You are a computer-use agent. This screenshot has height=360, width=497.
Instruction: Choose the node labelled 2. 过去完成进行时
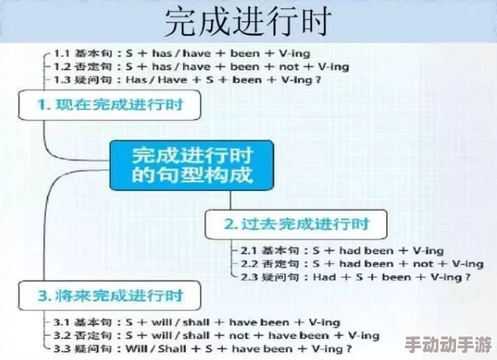[296, 224]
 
